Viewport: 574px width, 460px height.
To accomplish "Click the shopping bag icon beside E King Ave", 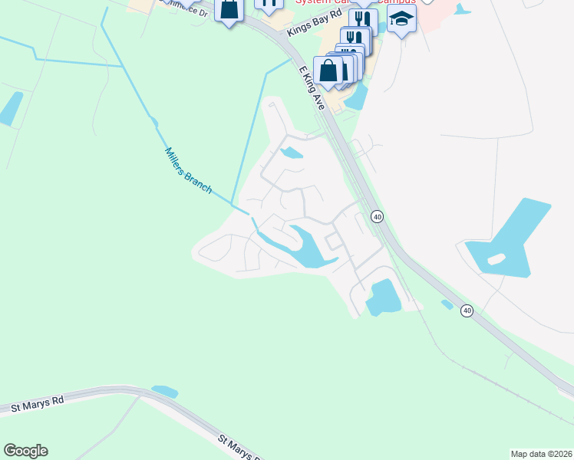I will [328, 71].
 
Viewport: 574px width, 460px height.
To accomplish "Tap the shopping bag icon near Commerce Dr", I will [229, 10].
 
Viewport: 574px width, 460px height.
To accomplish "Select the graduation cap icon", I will [401, 19].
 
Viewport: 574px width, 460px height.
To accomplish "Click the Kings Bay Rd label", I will [313, 29].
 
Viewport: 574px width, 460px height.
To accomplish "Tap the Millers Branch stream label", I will [189, 169].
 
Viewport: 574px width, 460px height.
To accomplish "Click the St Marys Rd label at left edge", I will [37, 404].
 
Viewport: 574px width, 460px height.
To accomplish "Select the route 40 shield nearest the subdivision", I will [377, 217].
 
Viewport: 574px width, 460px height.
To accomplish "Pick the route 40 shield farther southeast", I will [467, 310].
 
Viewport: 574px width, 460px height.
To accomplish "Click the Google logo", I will [25, 451].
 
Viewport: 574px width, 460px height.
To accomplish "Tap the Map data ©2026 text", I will [541, 454].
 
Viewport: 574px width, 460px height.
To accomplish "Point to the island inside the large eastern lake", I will [496, 259].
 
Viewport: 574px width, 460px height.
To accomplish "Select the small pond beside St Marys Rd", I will [165, 392].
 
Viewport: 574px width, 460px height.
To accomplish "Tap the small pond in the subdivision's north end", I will [292, 153].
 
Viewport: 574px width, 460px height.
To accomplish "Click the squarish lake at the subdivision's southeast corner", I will [384, 297].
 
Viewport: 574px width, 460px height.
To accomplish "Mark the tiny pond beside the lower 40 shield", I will [447, 304].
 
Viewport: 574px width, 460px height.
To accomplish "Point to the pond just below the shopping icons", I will [356, 97].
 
